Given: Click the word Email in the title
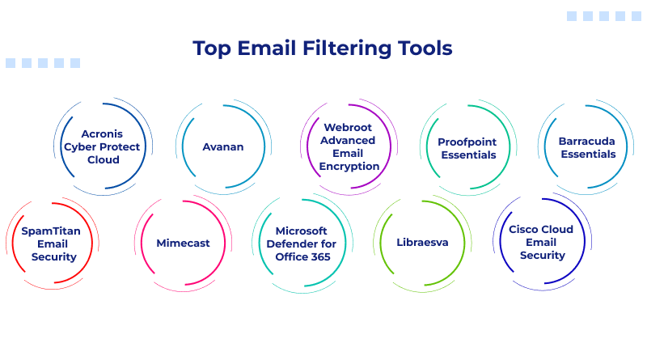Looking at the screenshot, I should [268, 48].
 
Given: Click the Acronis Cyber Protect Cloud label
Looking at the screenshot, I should [104, 146].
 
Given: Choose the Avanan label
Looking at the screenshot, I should [223, 146].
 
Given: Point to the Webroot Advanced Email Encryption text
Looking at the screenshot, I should [349, 146].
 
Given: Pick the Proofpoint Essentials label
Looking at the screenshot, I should [467, 148].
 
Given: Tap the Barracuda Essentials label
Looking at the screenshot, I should [587, 147].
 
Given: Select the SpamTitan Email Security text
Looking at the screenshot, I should [50, 244].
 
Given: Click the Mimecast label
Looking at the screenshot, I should [183, 243].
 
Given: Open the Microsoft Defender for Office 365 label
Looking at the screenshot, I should [301, 244].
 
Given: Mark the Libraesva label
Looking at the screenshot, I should [421, 243].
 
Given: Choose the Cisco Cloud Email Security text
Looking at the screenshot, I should [541, 242].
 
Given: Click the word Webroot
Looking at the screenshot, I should [349, 127].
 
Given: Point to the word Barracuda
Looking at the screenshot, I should [587, 141].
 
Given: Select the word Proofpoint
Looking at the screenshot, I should [467, 142].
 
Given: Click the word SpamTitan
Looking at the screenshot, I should [50, 231].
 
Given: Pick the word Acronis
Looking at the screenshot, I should [104, 133].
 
